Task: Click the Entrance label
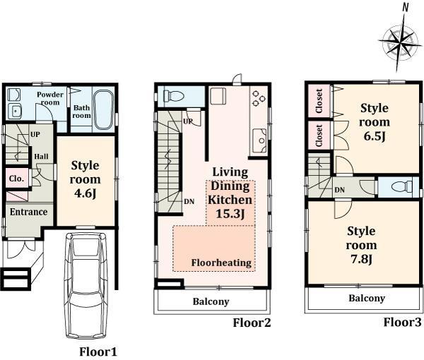tap(29, 212)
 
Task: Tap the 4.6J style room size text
tap(85, 193)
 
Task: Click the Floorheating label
tap(221, 263)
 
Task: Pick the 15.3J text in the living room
tap(229, 213)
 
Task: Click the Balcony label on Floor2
tap(211, 301)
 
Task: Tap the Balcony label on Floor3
tap(366, 298)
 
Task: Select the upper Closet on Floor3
tap(319, 101)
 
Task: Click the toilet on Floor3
tap(392, 187)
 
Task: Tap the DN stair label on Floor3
tap(339, 189)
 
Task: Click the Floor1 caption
tap(98, 351)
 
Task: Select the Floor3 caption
tap(402, 323)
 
